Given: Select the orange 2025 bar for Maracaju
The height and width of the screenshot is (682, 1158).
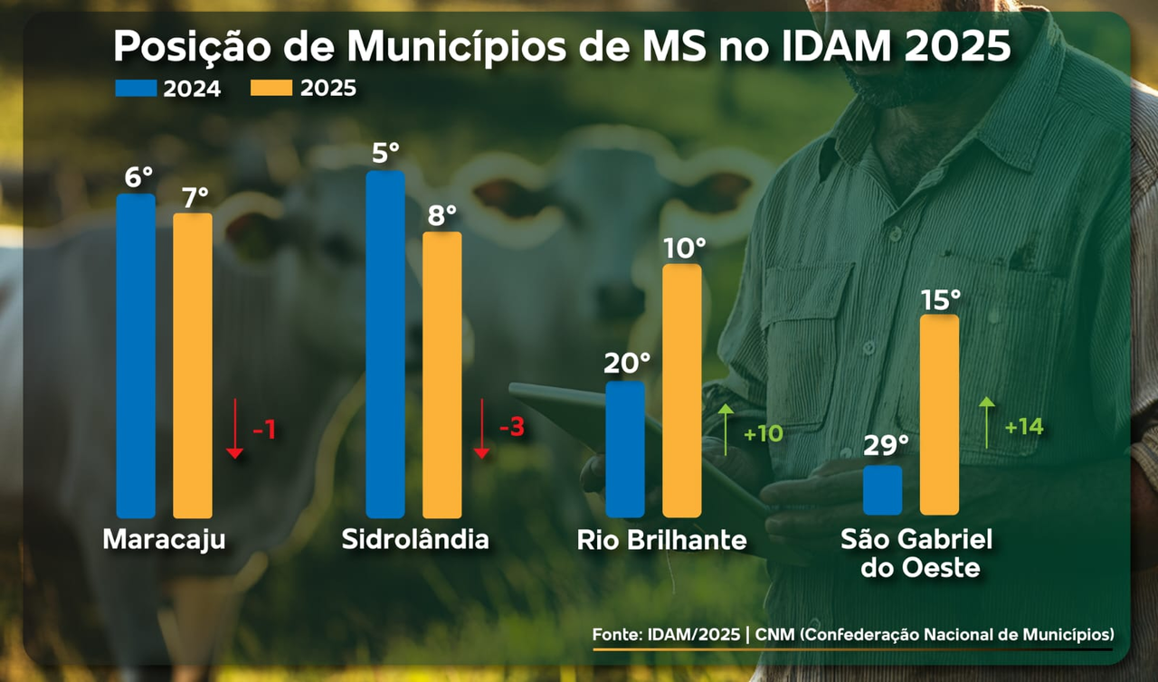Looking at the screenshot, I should coord(192,365).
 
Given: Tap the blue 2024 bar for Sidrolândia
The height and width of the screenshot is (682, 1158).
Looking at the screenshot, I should coord(385,344).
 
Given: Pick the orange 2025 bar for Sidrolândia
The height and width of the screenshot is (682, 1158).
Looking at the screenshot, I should coord(441,374).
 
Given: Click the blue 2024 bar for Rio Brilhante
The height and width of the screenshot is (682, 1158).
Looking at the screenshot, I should coord(625,449).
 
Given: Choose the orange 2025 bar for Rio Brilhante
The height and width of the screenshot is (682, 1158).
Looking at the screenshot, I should coord(682,390).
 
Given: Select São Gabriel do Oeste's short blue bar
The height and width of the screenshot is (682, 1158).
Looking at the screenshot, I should coord(883,489).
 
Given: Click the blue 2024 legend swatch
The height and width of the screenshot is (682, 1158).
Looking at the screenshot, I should coord(136,88).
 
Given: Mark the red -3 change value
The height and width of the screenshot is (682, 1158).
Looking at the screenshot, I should coord(511,427).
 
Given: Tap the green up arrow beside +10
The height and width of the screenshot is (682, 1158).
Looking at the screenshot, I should coord(726,431).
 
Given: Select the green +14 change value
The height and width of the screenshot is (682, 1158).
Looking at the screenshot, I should coord(1023,426).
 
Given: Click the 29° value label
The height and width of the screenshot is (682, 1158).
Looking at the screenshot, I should coord(885,445).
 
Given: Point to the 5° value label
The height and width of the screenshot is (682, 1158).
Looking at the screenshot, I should coord(386,153).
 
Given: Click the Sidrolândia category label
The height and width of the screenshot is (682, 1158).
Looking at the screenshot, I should coord(415,540).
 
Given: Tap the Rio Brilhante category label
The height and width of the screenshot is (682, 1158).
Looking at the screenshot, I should coord(662,541).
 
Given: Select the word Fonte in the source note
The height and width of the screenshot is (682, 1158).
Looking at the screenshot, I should coord(617,634).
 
